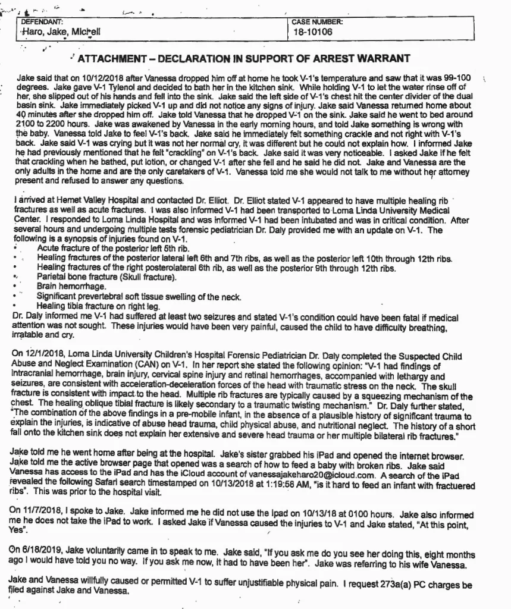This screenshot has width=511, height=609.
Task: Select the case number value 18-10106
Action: pyautogui.click(x=312, y=32)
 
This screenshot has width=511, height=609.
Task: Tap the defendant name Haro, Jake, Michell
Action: pyautogui.click(x=57, y=32)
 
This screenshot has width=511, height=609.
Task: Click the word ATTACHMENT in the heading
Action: pyautogui.click(x=109, y=58)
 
